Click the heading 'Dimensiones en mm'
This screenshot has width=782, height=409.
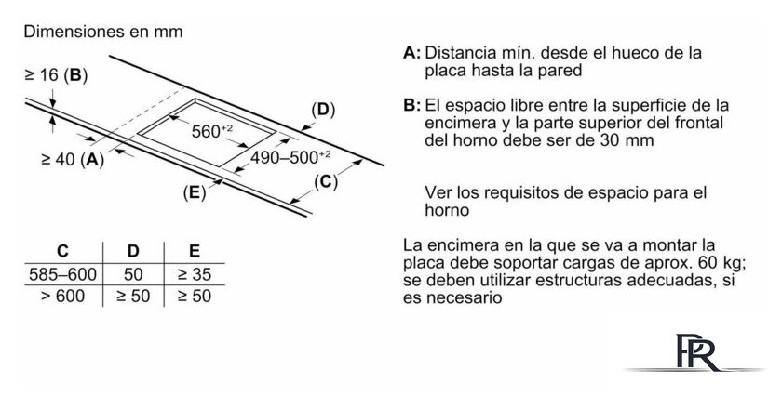[x=103, y=32]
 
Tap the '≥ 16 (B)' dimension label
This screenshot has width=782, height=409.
[x=56, y=75]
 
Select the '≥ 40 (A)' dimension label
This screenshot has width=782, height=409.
[x=73, y=159]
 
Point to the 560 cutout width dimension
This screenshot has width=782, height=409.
[x=212, y=131]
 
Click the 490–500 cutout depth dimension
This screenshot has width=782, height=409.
[x=290, y=157]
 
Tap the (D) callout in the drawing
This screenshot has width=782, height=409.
[x=323, y=110]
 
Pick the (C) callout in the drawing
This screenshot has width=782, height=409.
[x=326, y=182]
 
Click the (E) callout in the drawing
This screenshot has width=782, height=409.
[x=194, y=192]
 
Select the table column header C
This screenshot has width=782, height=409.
[x=62, y=251]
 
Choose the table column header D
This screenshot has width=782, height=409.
[x=133, y=251]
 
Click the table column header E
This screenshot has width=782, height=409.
[x=195, y=251]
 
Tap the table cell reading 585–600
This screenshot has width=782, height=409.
[x=63, y=274]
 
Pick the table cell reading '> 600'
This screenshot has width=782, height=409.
[x=63, y=297]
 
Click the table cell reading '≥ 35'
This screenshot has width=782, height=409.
[x=195, y=274]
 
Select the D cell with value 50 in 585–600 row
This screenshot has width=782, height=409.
[x=133, y=274]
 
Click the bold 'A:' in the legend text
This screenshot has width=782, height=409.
[x=411, y=53]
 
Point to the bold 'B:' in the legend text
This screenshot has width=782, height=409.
[x=411, y=106]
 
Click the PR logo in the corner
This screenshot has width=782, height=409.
[x=698, y=352]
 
